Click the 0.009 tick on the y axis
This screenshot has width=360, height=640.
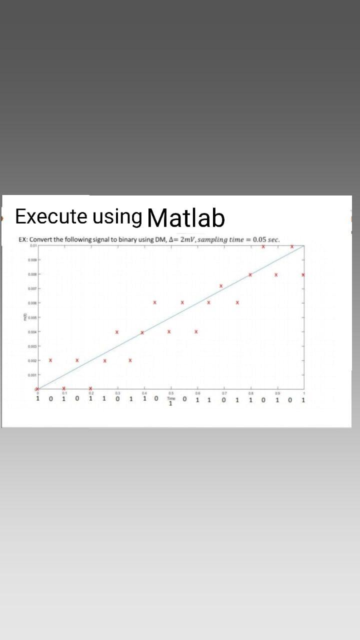click(32, 260)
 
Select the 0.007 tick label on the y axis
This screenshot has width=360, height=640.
click(32, 288)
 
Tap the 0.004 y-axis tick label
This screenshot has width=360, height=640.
click(32, 331)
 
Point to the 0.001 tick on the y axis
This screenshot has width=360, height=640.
click(32, 374)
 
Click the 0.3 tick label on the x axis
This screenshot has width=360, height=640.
click(117, 393)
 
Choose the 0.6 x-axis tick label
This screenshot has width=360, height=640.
click(198, 393)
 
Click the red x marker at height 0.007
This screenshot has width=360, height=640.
click(221, 286)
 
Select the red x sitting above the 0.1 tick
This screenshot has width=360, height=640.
click(64, 388)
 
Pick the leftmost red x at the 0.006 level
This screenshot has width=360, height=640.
click(155, 302)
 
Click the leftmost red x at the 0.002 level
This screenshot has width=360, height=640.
click(50, 360)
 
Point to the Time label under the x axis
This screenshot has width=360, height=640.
click(171, 399)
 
